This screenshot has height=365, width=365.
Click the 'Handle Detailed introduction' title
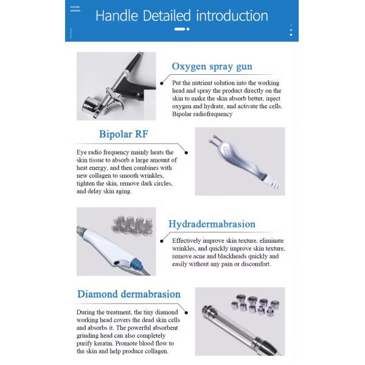[182, 15]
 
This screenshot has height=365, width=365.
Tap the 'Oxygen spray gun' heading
[212, 66]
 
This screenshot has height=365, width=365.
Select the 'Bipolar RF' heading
[123, 134]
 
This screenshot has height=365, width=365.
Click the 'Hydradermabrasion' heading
[213, 224]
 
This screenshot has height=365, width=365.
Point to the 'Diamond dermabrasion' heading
[128, 294]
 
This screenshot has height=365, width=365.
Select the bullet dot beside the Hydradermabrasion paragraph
[162, 240]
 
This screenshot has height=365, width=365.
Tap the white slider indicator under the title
[180, 29]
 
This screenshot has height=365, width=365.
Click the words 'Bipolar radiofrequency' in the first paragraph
[202, 114]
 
